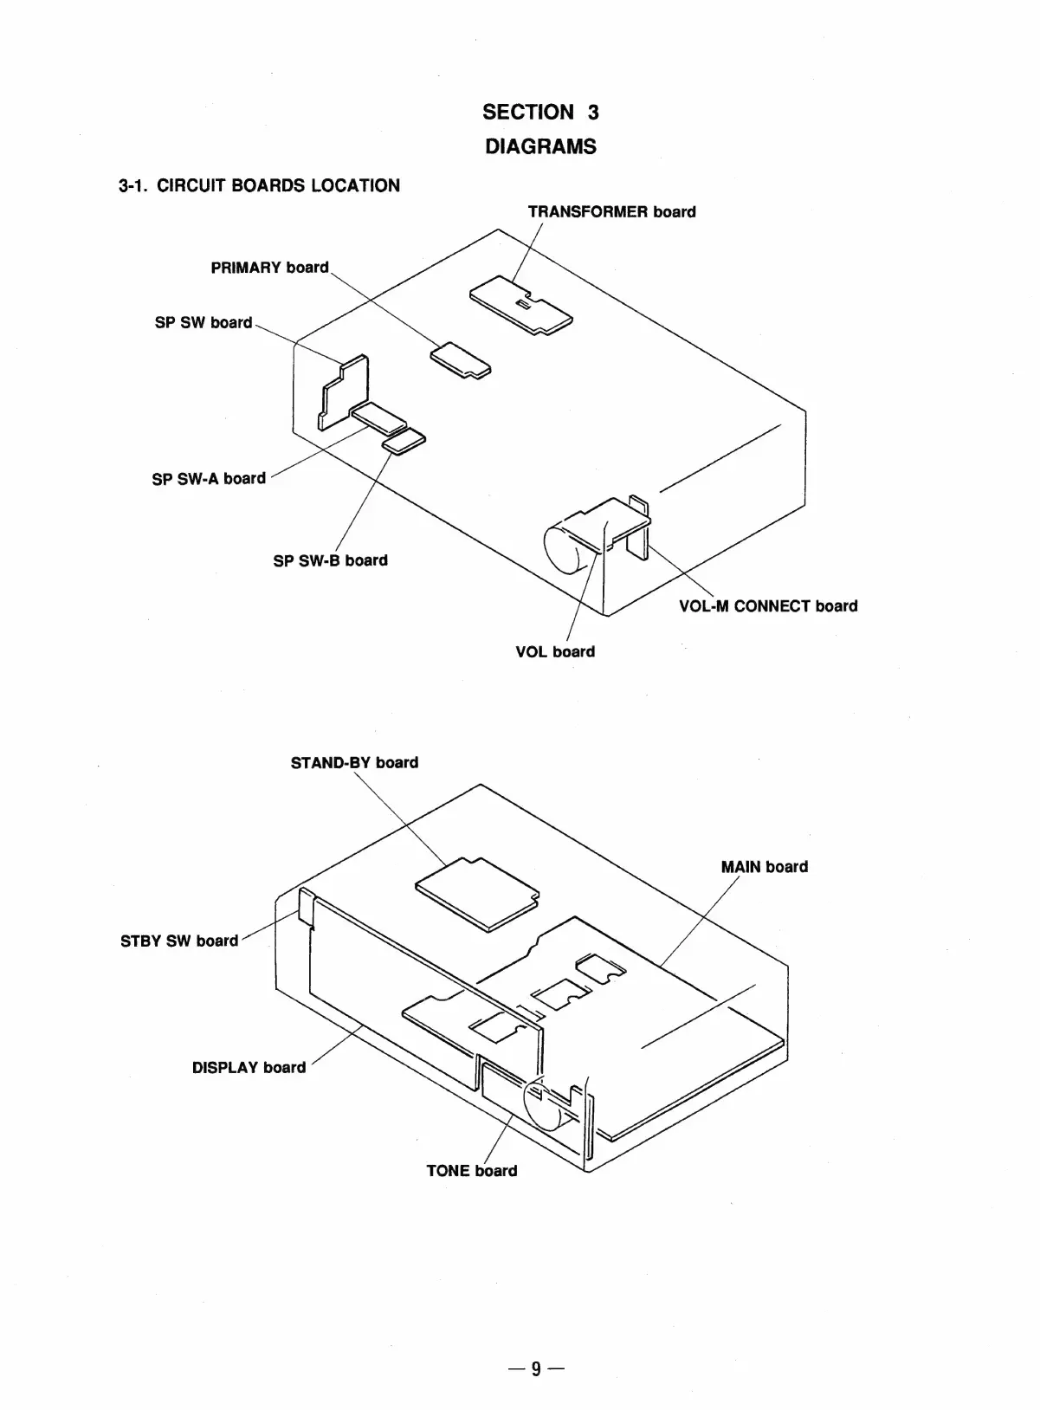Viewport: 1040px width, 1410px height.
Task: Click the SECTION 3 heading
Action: point(540,112)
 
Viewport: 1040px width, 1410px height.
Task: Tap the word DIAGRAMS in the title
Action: point(540,146)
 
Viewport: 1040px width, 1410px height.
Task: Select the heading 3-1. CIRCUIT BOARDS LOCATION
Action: point(259,185)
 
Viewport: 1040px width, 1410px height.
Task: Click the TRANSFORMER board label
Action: point(611,211)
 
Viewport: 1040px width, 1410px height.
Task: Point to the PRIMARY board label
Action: point(269,268)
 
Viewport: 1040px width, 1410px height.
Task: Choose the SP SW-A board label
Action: point(209,478)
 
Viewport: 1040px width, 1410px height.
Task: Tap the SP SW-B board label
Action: point(330,560)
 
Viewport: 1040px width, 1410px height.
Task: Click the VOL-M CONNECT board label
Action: point(768,606)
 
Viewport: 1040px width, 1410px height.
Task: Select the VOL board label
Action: point(555,651)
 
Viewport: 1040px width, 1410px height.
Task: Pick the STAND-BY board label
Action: point(354,762)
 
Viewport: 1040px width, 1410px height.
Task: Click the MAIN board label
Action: point(764,866)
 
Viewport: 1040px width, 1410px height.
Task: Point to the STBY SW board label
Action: point(179,941)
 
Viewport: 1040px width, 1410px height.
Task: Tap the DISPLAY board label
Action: point(249,1067)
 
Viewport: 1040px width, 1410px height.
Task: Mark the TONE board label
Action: point(471,1170)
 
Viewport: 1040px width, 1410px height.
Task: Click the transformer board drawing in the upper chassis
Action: point(521,305)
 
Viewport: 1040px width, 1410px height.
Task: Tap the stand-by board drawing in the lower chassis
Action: point(475,894)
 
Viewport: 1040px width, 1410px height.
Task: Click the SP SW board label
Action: point(203,322)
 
